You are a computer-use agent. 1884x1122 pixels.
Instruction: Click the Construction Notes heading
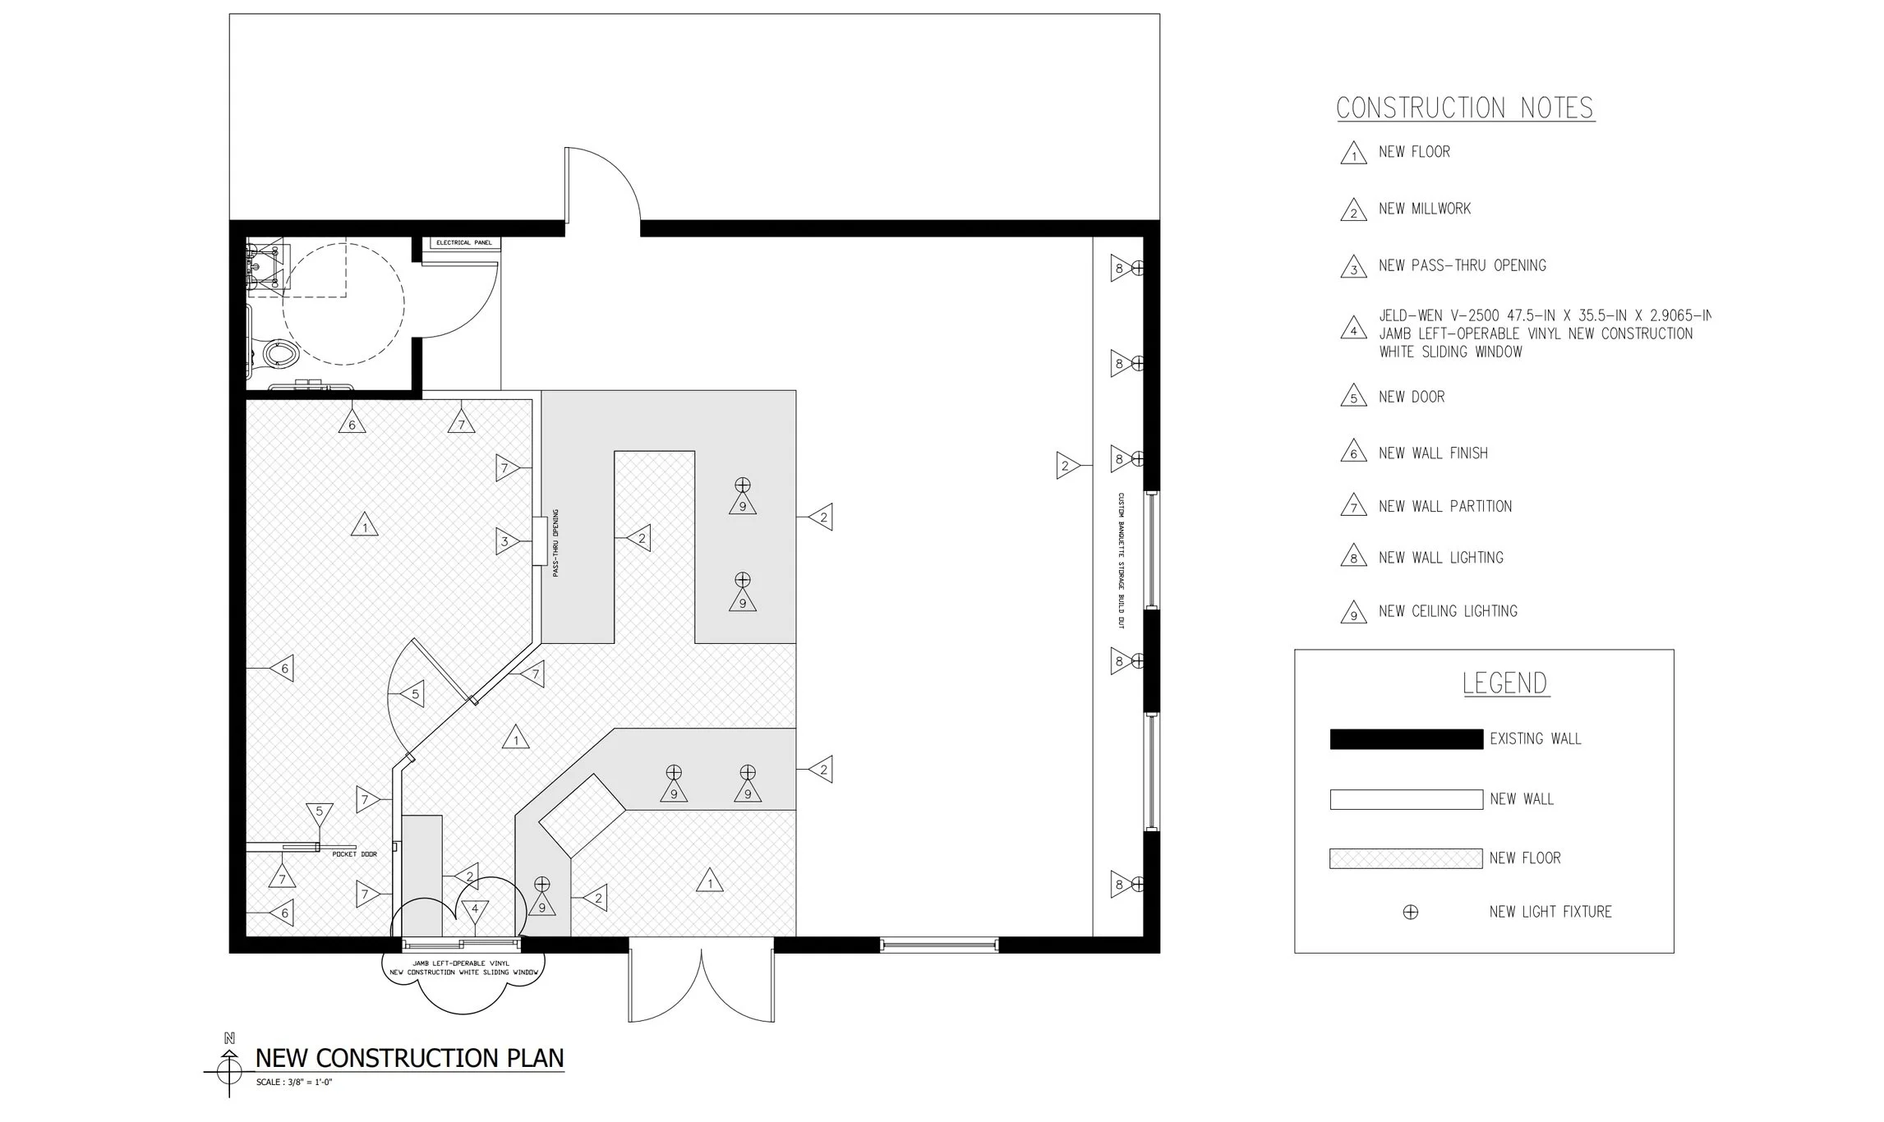1465,108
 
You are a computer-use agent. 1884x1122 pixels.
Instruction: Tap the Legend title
1505,683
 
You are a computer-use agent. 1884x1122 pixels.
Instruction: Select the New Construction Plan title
409,1058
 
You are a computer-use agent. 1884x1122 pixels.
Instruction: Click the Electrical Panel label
464,243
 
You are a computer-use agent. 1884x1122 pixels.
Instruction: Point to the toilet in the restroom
279,354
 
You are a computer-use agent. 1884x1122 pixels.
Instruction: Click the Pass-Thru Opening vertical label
556,543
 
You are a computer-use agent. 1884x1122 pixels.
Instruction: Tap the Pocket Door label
354,854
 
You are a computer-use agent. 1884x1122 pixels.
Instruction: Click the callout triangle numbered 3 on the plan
506,541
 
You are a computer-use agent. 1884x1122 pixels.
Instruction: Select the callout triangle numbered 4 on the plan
474,910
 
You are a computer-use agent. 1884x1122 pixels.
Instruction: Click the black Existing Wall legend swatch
1406,739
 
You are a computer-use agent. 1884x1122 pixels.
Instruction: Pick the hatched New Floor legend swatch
1406,858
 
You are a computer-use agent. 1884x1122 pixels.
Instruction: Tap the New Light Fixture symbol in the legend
1410,912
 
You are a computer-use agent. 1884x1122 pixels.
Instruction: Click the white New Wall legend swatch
1406,799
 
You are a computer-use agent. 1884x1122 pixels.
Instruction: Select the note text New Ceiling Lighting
1448,611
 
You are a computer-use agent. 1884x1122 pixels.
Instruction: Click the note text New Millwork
1425,209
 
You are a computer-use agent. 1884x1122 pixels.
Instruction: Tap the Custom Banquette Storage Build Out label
1120,561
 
